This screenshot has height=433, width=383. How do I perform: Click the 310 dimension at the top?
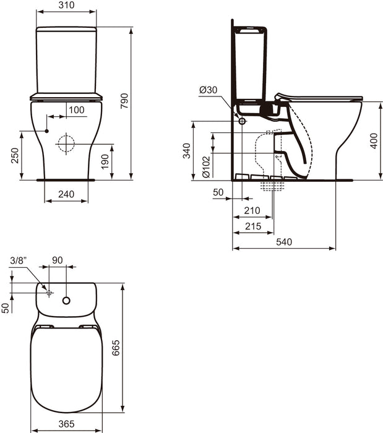tap(66, 5)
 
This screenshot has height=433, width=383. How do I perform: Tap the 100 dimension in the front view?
tap(76, 109)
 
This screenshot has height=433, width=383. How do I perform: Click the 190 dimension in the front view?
tap(106, 161)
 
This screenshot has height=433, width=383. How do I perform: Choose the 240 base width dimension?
tap(66, 194)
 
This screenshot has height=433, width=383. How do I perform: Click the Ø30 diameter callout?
tap(208, 90)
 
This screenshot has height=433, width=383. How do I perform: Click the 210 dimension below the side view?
tap(252, 210)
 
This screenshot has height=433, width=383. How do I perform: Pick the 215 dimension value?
tap(252, 226)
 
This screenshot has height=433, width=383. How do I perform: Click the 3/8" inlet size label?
tap(19, 260)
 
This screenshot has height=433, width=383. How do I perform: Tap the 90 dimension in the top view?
tap(57, 260)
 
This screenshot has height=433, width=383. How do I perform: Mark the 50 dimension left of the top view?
tap(6, 307)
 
